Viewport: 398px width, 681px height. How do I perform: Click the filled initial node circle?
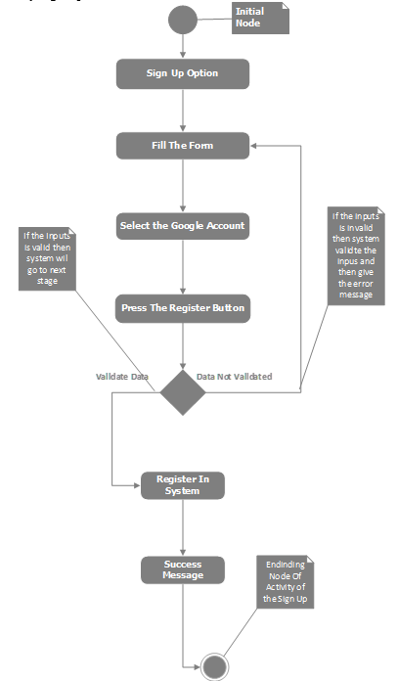183,19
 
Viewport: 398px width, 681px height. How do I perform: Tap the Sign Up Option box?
183,73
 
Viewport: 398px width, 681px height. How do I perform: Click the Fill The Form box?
183,146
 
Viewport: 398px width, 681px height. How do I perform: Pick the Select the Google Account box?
183,226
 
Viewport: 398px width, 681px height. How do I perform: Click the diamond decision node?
183,391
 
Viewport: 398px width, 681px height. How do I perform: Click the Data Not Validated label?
234,376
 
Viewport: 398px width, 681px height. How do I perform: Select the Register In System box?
183,485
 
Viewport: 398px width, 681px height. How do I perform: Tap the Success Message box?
183,569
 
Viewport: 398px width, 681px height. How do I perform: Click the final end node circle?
214,667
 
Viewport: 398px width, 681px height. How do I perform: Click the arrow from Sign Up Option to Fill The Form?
183,110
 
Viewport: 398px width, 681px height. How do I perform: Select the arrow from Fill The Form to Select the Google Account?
183,186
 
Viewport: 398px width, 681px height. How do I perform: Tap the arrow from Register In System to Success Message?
183,528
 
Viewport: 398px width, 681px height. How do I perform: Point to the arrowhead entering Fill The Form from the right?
255,146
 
